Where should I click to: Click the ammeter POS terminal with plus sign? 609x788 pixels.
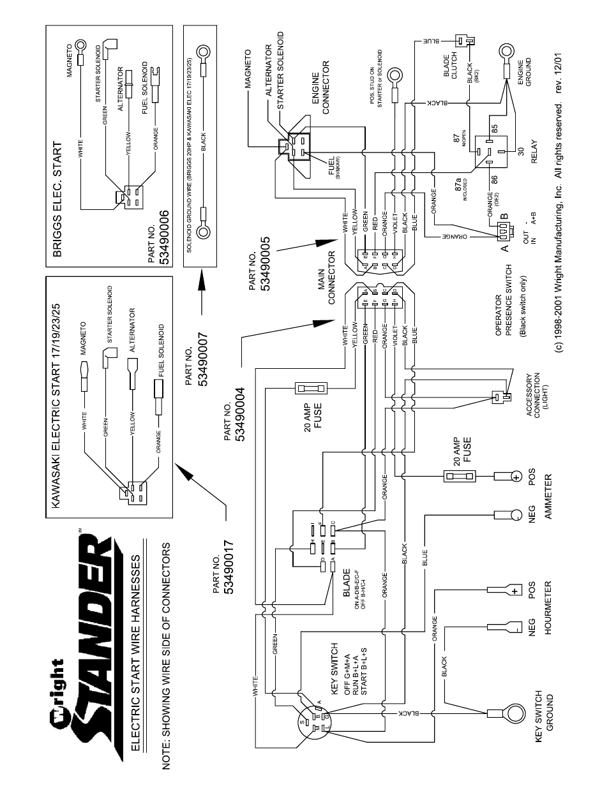[x=516, y=476]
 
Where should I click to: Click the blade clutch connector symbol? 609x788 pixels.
[x=470, y=41]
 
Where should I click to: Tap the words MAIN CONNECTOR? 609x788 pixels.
[x=327, y=278]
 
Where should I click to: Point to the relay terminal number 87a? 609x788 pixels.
[x=458, y=186]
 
